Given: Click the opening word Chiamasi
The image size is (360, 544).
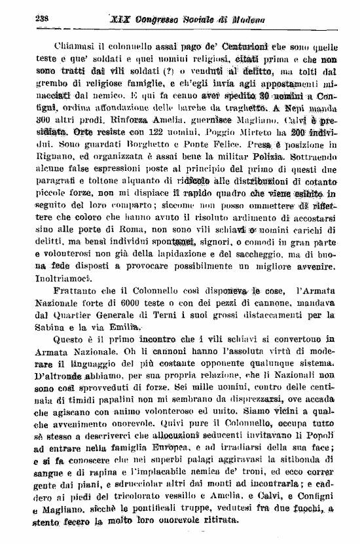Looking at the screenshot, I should point(63,46).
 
